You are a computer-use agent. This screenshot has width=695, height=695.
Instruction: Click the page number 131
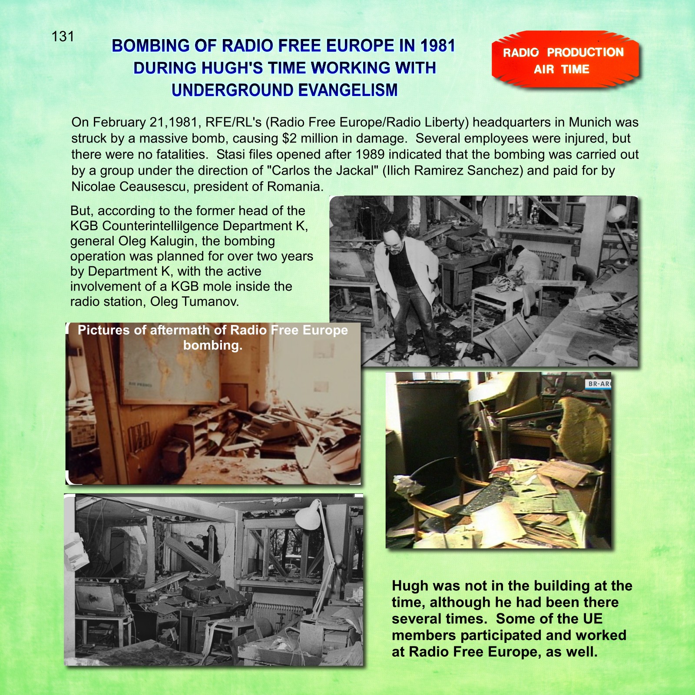tap(63, 36)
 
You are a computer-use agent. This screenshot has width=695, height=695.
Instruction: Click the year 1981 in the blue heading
tap(437, 46)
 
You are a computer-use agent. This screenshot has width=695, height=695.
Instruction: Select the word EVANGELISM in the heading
tap(347, 90)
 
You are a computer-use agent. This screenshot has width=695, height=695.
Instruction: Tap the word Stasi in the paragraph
tap(231, 155)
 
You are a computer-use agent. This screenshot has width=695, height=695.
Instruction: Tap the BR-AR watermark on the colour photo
tap(599, 384)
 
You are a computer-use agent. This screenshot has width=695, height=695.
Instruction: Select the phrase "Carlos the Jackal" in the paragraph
tap(322, 171)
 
